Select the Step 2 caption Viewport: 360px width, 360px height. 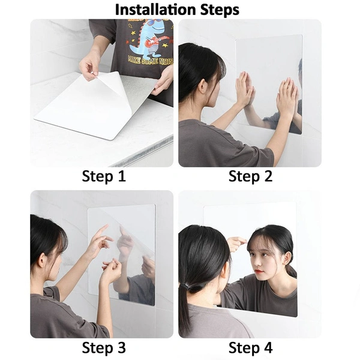pos(251,176)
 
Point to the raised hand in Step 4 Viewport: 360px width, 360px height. pos(236,242)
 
